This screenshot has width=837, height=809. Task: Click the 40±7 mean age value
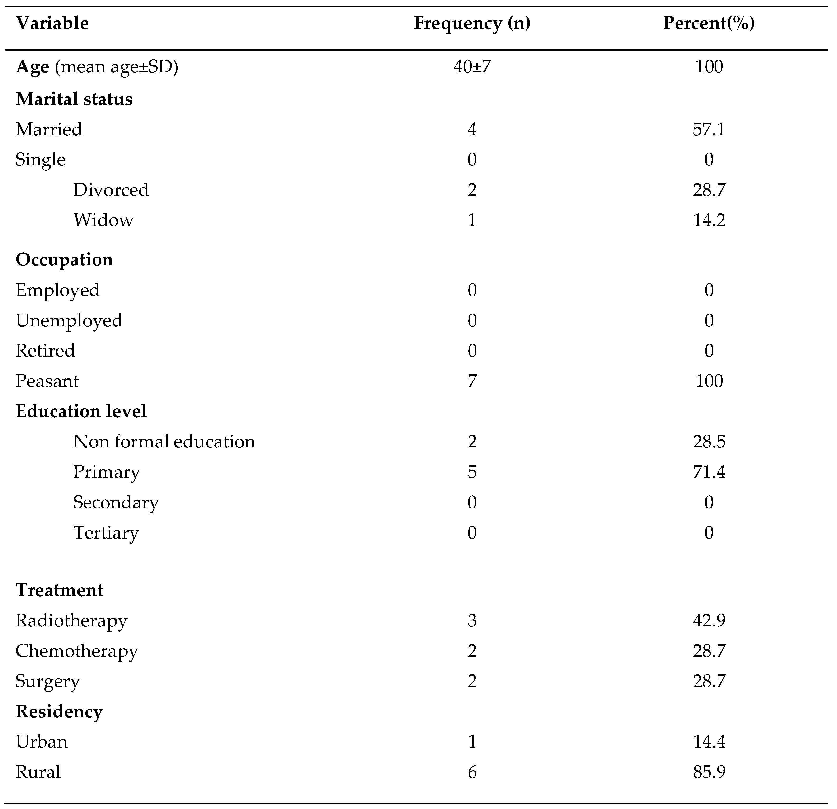472,67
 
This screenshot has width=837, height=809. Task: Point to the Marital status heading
74,99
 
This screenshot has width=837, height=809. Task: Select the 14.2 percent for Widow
709,220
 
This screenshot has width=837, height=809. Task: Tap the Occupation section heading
64,260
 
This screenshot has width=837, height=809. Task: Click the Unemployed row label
69,320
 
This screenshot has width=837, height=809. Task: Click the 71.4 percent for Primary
709,472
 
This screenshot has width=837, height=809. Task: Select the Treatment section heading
59,590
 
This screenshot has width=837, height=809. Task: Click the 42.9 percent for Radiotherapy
709,620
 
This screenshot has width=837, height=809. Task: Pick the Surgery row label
47,681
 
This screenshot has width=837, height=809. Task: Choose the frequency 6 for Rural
472,771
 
